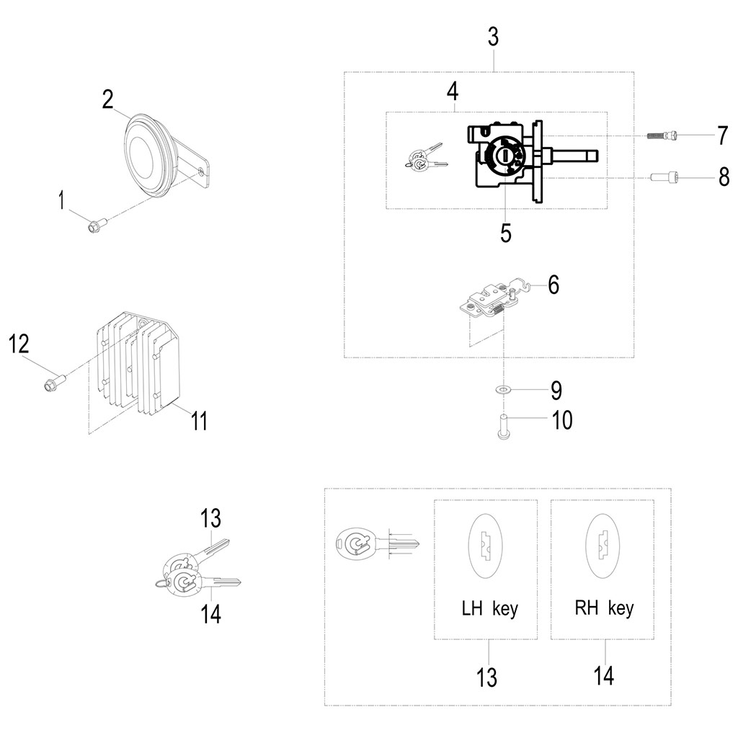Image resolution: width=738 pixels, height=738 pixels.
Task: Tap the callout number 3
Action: (492, 37)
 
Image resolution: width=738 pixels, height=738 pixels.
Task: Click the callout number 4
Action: (452, 92)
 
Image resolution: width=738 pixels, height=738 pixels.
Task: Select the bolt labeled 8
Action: (664, 177)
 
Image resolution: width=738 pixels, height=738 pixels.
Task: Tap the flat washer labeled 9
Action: (503, 390)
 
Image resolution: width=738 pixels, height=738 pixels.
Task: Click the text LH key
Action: (489, 609)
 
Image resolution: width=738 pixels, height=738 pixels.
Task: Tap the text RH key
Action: (604, 608)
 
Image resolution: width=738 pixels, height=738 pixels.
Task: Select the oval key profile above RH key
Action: (603, 545)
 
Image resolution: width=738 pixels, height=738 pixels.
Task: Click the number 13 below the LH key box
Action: (487, 677)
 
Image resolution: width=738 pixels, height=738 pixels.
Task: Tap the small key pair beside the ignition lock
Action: (425, 159)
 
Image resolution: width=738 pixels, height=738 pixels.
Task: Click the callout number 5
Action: (506, 234)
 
